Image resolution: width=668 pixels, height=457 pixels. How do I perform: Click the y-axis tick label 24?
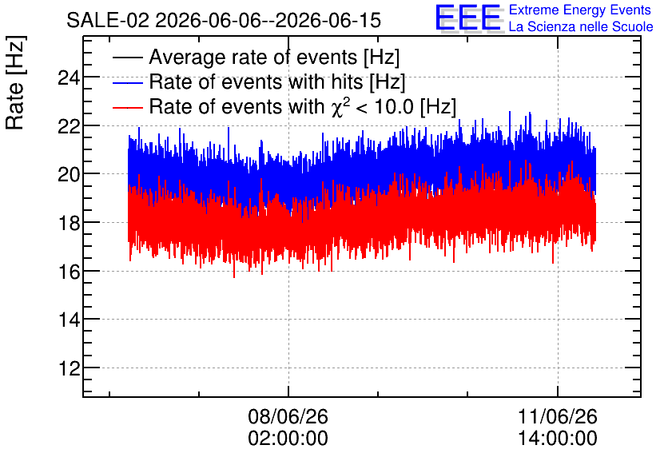pos(69,78)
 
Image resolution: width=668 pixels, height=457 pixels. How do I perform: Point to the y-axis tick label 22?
pos(69,126)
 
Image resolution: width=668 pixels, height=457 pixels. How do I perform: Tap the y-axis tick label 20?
pos(69,175)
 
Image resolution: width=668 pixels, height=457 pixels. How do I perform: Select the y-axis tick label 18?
pos(69,223)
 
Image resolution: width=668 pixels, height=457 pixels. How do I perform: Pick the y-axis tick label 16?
pos(69,272)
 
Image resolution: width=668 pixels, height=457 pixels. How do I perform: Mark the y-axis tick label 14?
pos(69,320)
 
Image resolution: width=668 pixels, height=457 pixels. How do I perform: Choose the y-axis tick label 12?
pos(69,368)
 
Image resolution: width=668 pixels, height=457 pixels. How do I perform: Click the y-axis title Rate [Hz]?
pos(15,82)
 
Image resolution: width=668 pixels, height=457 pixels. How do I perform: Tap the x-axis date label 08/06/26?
pos(288,416)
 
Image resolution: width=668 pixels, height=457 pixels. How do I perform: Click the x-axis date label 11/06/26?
pos(558,416)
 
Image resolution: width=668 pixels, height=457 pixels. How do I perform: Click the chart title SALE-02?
pos(108,21)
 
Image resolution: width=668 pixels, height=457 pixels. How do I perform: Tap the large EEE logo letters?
pos(468,18)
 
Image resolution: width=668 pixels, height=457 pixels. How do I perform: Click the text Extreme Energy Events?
pos(580,10)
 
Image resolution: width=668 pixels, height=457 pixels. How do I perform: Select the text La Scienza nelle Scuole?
pos(581,27)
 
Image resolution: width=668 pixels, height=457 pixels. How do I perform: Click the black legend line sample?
pos(127,58)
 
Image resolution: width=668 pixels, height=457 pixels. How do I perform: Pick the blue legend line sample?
pos(127,82)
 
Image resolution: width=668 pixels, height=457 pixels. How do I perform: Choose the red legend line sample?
pos(127,107)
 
